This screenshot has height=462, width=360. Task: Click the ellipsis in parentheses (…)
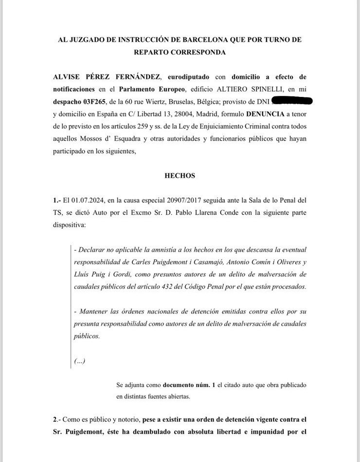pos(80,361)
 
